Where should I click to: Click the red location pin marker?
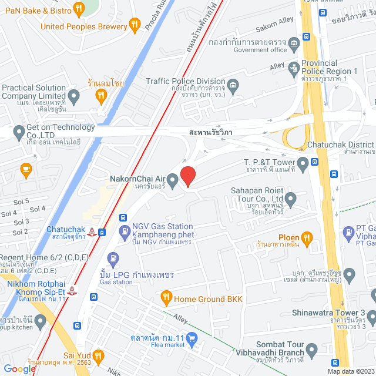click(187, 176)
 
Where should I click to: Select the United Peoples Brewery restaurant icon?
click(135, 24)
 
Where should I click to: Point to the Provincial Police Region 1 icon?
click(294, 69)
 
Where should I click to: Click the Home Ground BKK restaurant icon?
click(167, 298)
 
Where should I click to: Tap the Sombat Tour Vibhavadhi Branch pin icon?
click(311, 350)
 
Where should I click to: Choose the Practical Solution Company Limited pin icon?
click(73, 95)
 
